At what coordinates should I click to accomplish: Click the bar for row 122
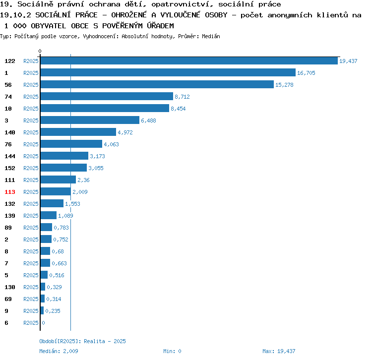(188, 61)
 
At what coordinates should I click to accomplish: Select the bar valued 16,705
(168, 73)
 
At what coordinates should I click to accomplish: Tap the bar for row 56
(157, 85)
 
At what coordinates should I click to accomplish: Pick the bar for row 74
(107, 97)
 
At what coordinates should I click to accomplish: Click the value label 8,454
(178, 109)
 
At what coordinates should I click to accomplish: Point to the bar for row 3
(90, 120)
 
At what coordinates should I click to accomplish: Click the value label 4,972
(125, 132)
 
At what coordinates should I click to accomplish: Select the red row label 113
(10, 192)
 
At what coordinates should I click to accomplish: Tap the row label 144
(10, 156)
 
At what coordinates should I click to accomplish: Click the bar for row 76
(71, 144)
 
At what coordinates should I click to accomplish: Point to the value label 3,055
(96, 168)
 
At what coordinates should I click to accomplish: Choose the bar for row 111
(58, 180)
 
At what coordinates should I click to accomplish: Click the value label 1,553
(72, 204)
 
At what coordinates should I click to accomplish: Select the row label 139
(10, 216)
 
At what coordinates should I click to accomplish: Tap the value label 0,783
(61, 228)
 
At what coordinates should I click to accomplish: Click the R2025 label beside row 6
(31, 323)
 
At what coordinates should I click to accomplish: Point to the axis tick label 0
(40, 51)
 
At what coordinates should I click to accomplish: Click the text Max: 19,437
(279, 351)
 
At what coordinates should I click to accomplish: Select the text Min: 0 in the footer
(172, 351)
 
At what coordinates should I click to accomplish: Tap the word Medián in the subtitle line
(211, 36)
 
